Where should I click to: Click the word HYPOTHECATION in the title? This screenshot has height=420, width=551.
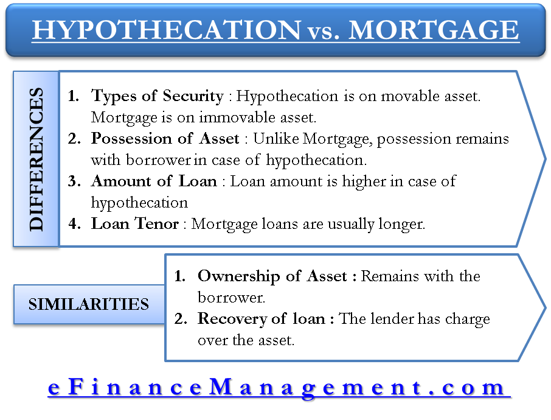pyautogui.click(x=167, y=30)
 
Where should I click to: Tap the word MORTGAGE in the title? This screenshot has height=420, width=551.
pyautogui.click(x=434, y=30)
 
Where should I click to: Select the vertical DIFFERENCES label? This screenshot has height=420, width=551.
pyautogui.click(x=36, y=159)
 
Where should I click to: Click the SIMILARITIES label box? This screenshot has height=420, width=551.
pyautogui.click(x=89, y=304)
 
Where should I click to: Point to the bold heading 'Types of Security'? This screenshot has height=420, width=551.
pyautogui.click(x=157, y=96)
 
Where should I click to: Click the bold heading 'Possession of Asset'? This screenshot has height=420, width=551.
pyautogui.click(x=165, y=139)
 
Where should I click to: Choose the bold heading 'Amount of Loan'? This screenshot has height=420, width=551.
pyautogui.click(x=154, y=181)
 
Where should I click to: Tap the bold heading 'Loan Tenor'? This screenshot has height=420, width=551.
pyautogui.click(x=135, y=224)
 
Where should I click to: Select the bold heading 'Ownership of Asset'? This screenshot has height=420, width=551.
pyautogui.click(x=272, y=276)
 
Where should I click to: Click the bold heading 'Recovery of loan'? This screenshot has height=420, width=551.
pyautogui.click(x=262, y=319)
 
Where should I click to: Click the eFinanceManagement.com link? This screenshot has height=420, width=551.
pyautogui.click(x=279, y=387)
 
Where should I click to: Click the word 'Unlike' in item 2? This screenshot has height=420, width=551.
pyautogui.click(x=276, y=139)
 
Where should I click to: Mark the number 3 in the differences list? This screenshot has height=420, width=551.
pyautogui.click(x=74, y=181)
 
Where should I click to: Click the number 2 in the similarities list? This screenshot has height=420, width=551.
pyautogui.click(x=180, y=319)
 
